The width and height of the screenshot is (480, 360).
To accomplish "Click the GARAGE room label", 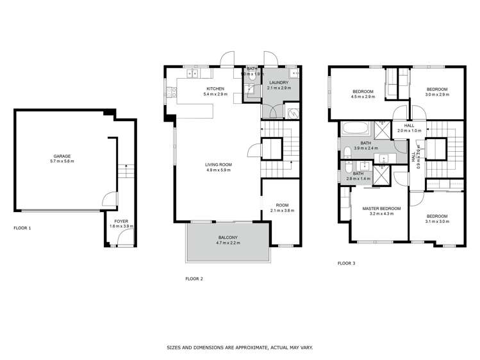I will [x=62, y=156].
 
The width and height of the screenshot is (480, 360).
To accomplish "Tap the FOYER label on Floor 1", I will [x=115, y=222].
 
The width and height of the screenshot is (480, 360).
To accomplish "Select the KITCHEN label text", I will [x=215, y=89].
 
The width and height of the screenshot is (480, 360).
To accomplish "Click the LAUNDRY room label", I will [x=279, y=83].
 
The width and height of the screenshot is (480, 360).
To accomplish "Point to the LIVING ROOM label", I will [x=219, y=165].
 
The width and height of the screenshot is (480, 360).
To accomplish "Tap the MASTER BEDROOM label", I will [x=381, y=209].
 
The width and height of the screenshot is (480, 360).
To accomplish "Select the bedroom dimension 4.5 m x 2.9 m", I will [x=363, y=97].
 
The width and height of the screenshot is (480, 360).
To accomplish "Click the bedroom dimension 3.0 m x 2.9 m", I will [x=437, y=95].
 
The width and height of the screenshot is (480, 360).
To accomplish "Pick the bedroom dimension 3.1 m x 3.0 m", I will [x=436, y=222].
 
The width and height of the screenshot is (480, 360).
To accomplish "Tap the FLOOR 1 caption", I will [x=22, y=228].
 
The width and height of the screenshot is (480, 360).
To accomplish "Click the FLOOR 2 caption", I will [x=194, y=279].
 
